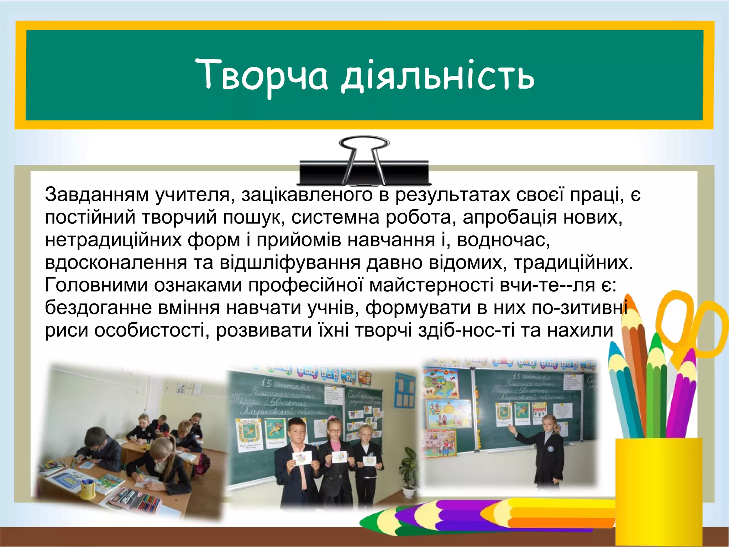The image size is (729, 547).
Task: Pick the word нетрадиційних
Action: tap(113, 240)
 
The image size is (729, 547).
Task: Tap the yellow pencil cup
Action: tap(659, 491)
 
